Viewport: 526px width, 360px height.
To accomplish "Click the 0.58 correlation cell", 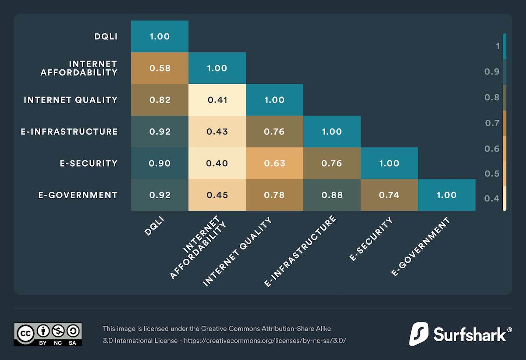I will pyautogui.click(x=160, y=68).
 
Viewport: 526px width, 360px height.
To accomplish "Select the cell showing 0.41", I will pyautogui.click(x=217, y=100).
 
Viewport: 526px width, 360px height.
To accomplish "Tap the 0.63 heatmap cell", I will pyautogui.click(x=274, y=163).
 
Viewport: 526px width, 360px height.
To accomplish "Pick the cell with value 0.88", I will pyautogui.click(x=332, y=195).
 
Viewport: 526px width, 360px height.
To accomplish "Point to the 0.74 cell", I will pyautogui.click(x=389, y=195).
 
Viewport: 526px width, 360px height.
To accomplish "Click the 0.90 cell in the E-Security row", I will pyautogui.click(x=160, y=163).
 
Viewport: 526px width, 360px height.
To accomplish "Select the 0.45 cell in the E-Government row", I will pyautogui.click(x=217, y=195).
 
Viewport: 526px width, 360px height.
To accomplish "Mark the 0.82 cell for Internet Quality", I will pyautogui.click(x=160, y=100).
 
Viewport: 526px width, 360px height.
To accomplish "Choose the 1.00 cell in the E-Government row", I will pyautogui.click(x=447, y=195).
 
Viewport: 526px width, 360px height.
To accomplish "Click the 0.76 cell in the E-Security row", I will pyautogui.click(x=332, y=163).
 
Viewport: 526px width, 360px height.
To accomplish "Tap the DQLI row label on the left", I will pyautogui.click(x=106, y=36).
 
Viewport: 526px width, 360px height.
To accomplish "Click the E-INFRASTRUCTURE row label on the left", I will pyautogui.click(x=69, y=132).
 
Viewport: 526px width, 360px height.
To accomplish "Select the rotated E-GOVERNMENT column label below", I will pyautogui.click(x=420, y=247).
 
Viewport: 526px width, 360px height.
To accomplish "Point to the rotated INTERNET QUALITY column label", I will pyautogui.click(x=237, y=252).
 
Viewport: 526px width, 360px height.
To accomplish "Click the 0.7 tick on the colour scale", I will pyautogui.click(x=492, y=123).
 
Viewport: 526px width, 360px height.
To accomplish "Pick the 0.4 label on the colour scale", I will pyautogui.click(x=492, y=199).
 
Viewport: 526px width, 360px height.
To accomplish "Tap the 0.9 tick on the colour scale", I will pyautogui.click(x=492, y=71).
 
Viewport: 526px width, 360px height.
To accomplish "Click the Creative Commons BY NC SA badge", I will pyautogui.click(x=48, y=334).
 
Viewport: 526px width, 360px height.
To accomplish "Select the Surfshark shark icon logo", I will pyautogui.click(x=419, y=334).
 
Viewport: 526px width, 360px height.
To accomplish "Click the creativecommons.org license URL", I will pyautogui.click(x=265, y=341).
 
